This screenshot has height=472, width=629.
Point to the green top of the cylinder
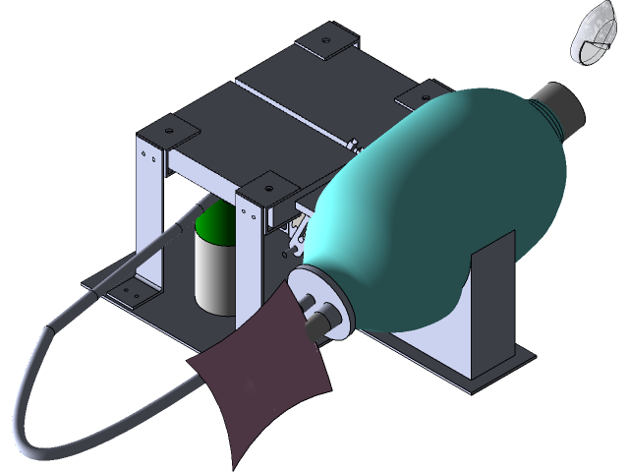pos(217,226)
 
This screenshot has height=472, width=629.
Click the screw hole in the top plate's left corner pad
pos(168,130)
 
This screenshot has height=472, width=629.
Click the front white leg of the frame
pos(253,265)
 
